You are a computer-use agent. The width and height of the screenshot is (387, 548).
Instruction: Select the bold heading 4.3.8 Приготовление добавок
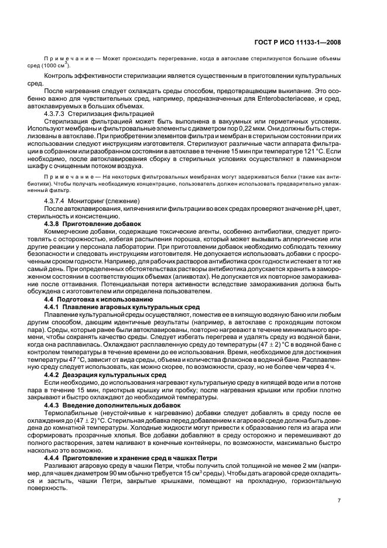(x=93, y=224)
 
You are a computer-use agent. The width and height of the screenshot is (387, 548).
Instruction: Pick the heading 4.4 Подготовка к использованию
(x=92, y=299)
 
